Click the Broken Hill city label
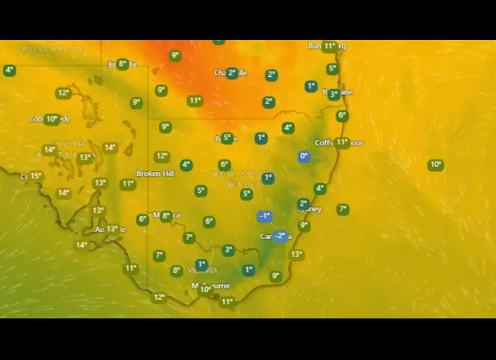154,174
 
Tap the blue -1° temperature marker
265,216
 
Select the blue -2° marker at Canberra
280,236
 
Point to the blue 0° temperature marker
304,157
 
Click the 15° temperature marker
35,176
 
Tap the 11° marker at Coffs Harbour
342,142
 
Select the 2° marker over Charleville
232,73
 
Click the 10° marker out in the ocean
435,165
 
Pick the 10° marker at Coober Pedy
52,119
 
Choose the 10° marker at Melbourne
206,290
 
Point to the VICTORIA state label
202,270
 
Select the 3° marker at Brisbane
334,94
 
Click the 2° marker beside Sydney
303,204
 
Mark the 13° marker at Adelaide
112,229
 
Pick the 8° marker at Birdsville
122,64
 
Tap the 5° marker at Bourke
227,138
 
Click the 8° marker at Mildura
166,215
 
